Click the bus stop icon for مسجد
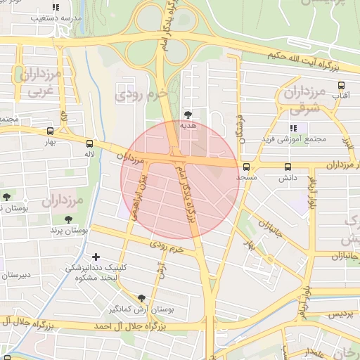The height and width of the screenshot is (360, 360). [246, 167]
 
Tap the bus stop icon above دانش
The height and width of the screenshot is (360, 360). [288, 167]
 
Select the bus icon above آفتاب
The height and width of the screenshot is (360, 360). [340, 85]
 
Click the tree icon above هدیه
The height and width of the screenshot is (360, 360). [187, 114]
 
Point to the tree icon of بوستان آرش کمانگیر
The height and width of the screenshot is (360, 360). [142, 298]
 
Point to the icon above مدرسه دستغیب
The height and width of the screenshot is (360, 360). [56, 8]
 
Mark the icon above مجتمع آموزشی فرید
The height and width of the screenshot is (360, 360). [294, 127]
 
